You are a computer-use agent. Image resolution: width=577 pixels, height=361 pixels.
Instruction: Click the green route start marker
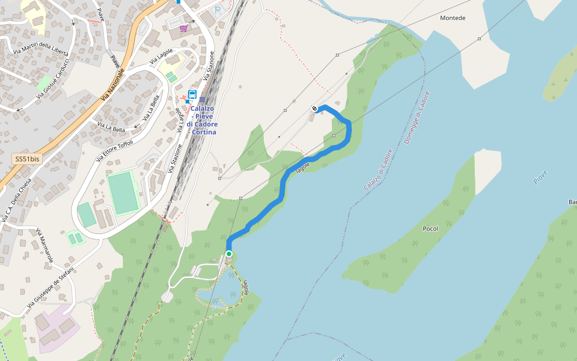(x=229, y=254)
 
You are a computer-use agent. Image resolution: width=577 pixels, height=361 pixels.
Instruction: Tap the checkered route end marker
(x=315, y=109)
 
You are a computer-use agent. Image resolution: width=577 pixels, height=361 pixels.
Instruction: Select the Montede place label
(x=453, y=18)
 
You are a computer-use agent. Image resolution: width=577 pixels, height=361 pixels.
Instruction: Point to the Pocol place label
(x=430, y=229)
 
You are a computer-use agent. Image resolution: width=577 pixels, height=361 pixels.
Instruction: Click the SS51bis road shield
(x=28, y=159)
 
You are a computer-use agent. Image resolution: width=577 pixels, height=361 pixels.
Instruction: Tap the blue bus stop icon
(x=192, y=94)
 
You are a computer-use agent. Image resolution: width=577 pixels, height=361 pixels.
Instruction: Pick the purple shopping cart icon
(x=183, y=28)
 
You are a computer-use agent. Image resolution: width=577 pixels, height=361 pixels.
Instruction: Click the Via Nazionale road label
(x=113, y=84)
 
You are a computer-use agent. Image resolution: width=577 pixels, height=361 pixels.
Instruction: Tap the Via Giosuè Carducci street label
(x=53, y=78)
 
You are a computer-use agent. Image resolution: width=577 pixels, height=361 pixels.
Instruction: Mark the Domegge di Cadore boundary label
(x=417, y=117)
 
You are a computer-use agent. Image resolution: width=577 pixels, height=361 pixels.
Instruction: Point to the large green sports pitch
(x=123, y=193)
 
